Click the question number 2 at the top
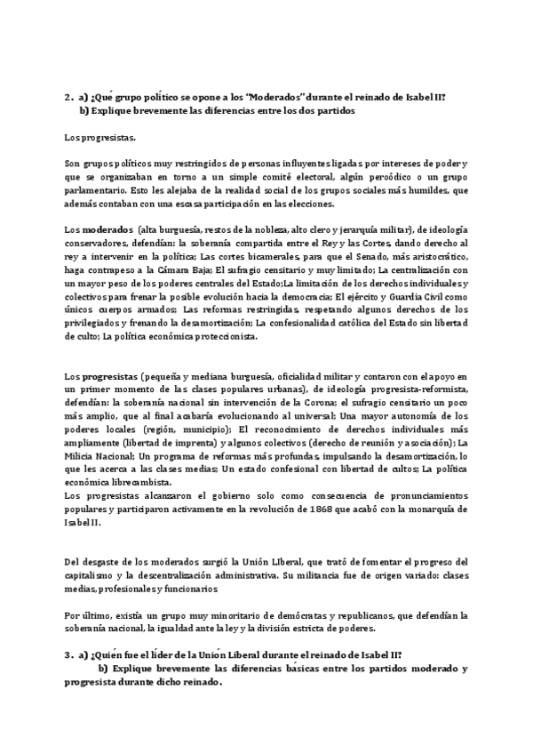click(x=68, y=98)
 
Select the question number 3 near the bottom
click(x=68, y=654)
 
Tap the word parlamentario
click(x=98, y=189)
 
